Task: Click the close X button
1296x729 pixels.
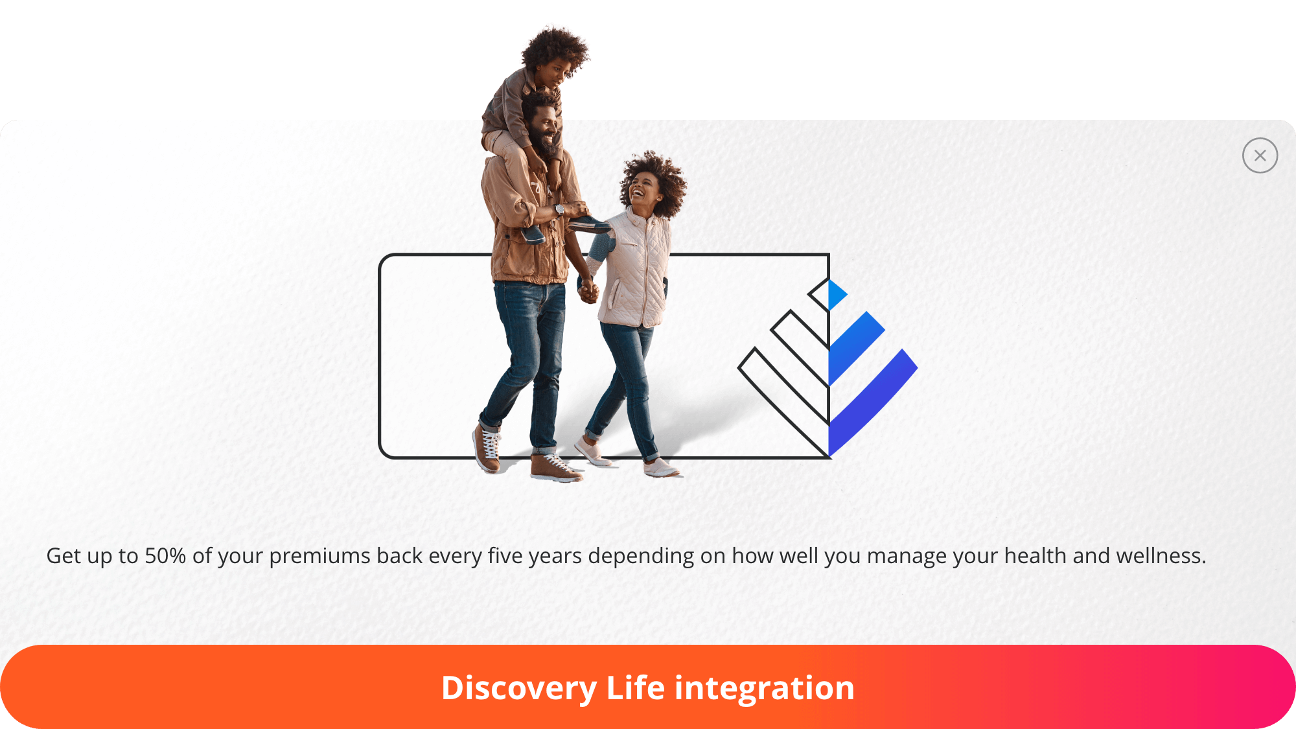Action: (1260, 156)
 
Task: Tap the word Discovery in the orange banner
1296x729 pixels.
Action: (518, 688)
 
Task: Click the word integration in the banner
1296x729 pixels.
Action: (765, 688)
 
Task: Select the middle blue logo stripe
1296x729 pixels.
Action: (855, 347)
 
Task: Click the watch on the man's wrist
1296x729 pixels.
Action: (559, 209)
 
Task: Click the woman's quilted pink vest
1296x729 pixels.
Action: (635, 272)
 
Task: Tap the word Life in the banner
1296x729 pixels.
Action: (635, 688)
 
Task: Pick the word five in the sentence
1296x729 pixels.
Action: (503, 556)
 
